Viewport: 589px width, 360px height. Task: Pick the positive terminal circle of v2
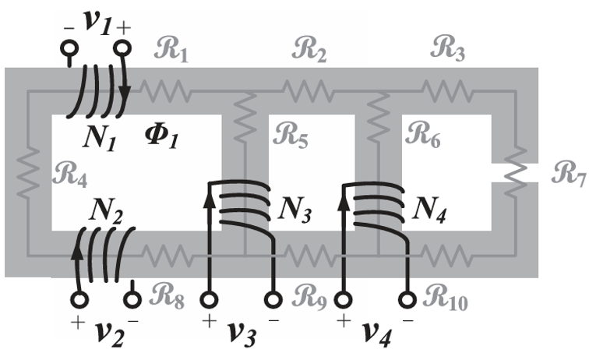[x=79, y=298]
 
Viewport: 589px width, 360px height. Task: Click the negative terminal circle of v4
[x=408, y=299]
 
